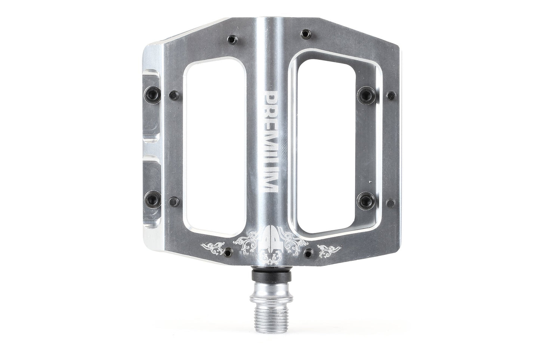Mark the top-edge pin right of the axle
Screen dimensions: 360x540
[x=306, y=33]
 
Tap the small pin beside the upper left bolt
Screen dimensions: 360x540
[x=173, y=94]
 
